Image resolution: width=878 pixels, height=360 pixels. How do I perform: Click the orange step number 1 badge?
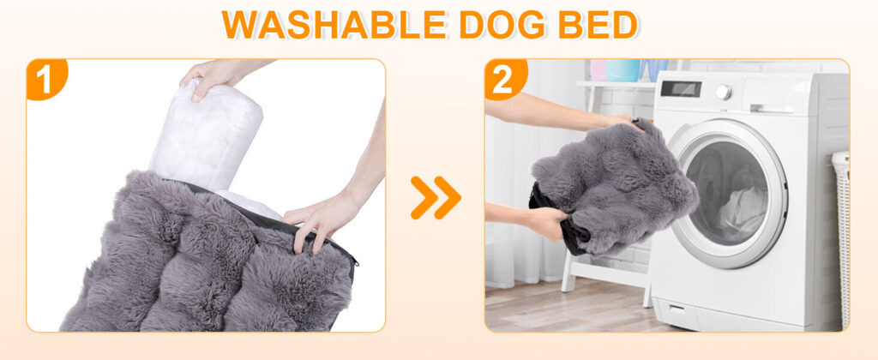pos(46,79)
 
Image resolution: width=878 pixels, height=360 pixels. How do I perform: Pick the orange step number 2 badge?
pos(505,79)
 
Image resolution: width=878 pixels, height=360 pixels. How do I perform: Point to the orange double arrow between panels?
pos(436,197)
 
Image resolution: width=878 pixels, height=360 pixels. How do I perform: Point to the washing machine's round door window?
pos(728,193)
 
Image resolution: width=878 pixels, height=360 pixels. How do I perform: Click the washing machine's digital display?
pos(680,88)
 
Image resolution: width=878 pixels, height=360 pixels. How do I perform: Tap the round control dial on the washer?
pos(724,92)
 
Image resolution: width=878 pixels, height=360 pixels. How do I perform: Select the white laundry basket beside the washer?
pos(840,238)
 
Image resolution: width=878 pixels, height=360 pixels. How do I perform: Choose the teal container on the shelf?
pos(622,70)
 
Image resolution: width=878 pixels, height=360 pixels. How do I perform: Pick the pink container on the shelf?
pos(598,70)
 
